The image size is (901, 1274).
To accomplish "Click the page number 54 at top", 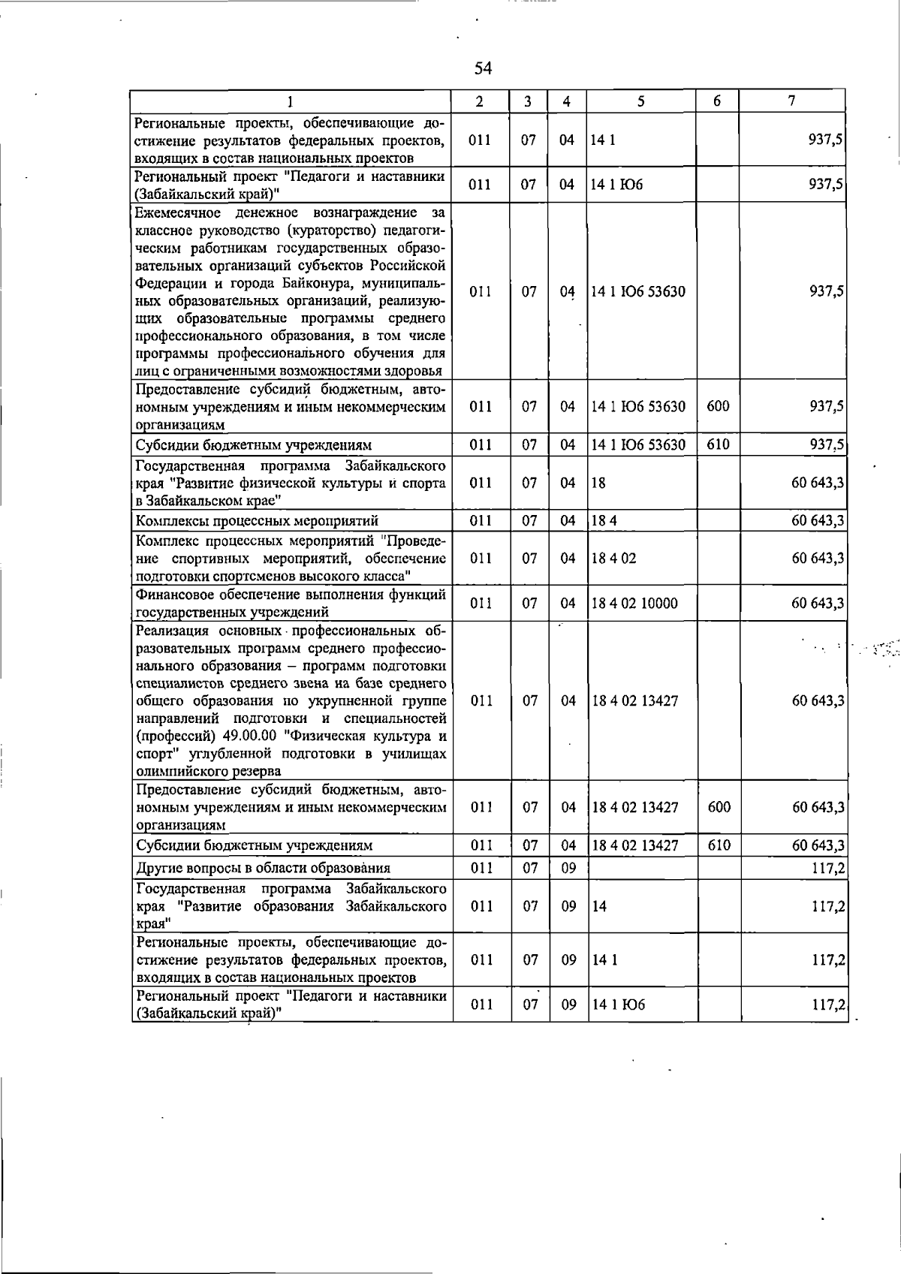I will click(483, 68).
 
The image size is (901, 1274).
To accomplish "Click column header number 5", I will click(640, 101).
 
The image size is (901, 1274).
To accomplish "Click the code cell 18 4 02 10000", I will click(634, 604).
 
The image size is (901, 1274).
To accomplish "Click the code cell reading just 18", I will click(598, 483).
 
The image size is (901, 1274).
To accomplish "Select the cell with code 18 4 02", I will click(614, 559).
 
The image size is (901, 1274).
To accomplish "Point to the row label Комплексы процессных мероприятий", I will click(257, 521).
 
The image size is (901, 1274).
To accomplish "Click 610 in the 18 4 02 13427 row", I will click(718, 845).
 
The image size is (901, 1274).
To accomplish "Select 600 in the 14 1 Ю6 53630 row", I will click(718, 406).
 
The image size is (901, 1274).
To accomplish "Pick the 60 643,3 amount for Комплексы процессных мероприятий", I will click(818, 521).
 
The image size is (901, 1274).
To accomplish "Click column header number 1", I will click(291, 101).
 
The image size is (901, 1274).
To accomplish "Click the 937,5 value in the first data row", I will click(826, 140).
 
